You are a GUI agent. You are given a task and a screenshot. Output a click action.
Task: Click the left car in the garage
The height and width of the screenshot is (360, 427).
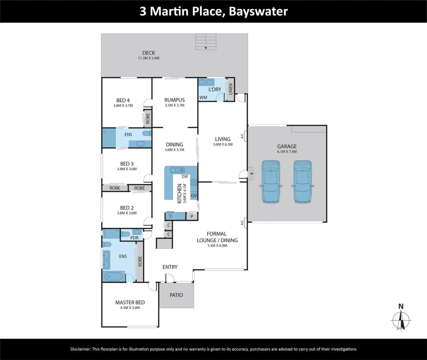pos(271,182)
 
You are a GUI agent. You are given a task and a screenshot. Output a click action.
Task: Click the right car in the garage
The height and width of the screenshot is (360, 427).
pos(302,182)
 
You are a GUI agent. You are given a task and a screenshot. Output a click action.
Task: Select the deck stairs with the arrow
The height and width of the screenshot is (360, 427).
pos(206,42)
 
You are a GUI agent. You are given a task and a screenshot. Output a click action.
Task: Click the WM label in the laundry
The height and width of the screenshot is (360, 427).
pos(203,98)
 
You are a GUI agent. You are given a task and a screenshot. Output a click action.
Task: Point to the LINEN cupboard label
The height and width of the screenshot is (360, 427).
pos(230,89)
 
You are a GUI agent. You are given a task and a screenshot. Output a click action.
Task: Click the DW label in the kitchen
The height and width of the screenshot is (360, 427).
pos(185,177)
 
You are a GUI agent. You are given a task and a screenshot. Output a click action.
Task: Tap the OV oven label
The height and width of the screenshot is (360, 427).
pos(194,196)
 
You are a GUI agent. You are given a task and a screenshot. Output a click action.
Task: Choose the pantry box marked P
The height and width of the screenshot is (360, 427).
pos(192,217)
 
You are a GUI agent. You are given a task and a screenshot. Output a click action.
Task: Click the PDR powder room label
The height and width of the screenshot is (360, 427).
pos(134,238)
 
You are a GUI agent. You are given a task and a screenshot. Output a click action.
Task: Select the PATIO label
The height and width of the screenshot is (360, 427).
pos(176,295)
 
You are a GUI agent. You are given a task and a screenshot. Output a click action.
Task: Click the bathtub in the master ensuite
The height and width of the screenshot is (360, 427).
pos(113,277)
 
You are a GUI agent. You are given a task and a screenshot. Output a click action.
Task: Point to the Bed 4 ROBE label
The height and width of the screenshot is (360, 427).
pos(148,119)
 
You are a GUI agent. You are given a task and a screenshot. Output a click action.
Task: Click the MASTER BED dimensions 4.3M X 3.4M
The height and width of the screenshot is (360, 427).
pos(130,308)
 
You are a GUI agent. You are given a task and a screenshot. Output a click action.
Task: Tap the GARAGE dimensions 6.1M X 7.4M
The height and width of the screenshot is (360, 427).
pos(287,152)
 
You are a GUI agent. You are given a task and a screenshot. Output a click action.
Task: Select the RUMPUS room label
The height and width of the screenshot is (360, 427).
pos(174,100)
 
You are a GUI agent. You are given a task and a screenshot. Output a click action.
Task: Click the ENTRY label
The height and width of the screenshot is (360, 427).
pos(170,267)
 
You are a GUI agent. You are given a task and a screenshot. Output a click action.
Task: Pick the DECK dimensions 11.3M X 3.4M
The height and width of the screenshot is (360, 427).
pos(149,58)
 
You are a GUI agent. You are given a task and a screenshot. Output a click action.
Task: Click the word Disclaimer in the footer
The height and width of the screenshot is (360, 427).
pos(80,349)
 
